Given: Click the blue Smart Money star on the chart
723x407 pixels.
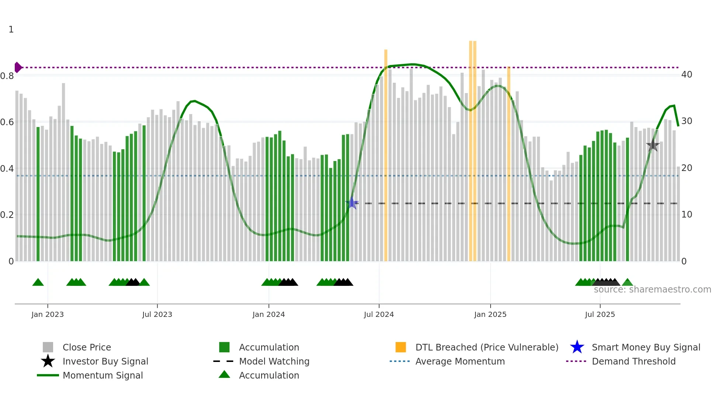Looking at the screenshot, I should (x=352, y=203).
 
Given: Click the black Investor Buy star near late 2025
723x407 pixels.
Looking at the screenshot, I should (x=653, y=146).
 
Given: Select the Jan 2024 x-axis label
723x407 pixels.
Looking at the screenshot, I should (x=269, y=314).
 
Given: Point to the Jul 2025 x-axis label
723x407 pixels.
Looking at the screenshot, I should (x=600, y=314).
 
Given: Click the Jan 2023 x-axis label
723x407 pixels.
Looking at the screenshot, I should (x=48, y=314).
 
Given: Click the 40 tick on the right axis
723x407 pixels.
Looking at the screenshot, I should (x=686, y=75).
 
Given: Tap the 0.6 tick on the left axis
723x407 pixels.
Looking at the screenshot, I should (x=7, y=122).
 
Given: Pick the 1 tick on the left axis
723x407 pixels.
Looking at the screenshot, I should (x=11, y=30).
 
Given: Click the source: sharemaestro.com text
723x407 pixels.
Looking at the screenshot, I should (x=652, y=290).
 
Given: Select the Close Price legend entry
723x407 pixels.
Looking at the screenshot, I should (x=87, y=347).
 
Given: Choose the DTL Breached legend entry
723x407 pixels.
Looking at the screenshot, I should (x=487, y=347).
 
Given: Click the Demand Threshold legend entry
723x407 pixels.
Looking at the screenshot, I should (x=633, y=361).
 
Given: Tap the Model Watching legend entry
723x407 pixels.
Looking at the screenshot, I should (x=274, y=361).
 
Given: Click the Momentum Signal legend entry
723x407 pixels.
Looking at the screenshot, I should (x=103, y=375).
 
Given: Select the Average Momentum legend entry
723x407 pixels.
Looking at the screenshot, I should (x=460, y=361).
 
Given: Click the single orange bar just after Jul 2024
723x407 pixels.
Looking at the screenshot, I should (x=386, y=155).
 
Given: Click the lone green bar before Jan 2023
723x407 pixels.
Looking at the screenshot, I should (x=38, y=194).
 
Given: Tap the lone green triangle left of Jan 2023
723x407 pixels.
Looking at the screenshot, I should (x=38, y=283).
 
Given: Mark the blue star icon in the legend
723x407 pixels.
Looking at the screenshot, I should (x=577, y=347).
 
